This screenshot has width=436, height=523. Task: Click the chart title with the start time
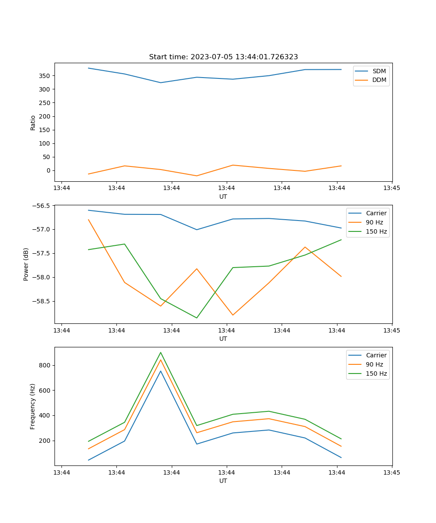click(x=223, y=57)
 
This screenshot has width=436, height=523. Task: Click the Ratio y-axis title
click(x=33, y=122)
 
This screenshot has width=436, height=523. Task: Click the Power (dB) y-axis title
click(x=26, y=264)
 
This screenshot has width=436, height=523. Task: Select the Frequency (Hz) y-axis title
click(x=33, y=406)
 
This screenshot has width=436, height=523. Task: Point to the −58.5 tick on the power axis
click(x=42, y=301)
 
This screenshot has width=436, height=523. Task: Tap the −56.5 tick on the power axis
click(x=42, y=206)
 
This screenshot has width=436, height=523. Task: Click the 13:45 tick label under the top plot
click(x=392, y=188)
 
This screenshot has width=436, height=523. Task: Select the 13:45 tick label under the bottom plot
click(x=392, y=472)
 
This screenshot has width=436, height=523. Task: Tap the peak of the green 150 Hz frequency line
click(x=160, y=353)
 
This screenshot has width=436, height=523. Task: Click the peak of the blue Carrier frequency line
click(x=160, y=371)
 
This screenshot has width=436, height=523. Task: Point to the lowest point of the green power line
click(x=197, y=318)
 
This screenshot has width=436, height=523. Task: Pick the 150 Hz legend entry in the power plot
click(x=376, y=231)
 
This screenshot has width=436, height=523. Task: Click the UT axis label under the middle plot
click(x=223, y=339)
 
